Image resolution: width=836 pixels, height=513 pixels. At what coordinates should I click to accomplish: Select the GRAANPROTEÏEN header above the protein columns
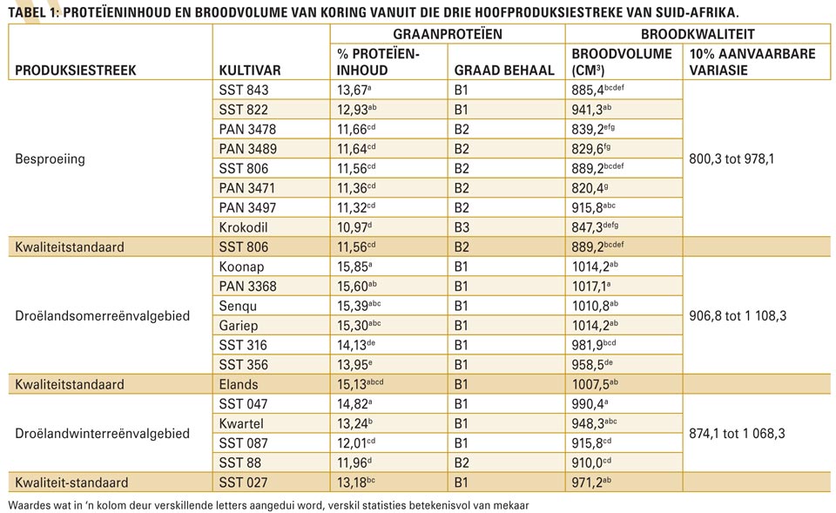pos(448,34)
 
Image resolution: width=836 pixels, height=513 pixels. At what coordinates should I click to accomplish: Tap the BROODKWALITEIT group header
pos(698,34)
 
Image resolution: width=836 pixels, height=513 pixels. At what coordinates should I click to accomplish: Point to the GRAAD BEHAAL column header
pos(504,71)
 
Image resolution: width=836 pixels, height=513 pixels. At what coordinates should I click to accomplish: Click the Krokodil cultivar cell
pos(243,227)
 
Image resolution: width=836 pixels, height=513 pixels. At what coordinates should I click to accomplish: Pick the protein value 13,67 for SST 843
pos(354,90)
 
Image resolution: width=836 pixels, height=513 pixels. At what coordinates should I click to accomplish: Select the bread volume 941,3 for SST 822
pos(591,110)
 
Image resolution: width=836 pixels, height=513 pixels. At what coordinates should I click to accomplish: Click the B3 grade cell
pos(462,227)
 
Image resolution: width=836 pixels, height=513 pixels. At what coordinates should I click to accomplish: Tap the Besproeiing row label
pos(51,159)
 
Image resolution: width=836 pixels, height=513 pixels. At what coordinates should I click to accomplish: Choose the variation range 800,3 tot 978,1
pos(731,159)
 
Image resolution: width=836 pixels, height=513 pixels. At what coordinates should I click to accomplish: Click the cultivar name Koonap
pos(241,267)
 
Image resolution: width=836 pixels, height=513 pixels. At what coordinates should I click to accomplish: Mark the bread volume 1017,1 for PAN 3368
pos(590,287)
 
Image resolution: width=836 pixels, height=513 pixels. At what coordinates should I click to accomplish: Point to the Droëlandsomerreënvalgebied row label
pos(103,315)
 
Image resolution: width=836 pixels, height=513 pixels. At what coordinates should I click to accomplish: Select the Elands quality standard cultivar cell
pos(239,384)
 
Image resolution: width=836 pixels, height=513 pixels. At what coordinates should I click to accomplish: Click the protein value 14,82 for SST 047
pos(354,404)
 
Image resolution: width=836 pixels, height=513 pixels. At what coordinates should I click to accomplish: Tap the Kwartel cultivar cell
pos(241,424)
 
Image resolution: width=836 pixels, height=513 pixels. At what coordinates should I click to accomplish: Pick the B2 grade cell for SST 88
pos(462,462)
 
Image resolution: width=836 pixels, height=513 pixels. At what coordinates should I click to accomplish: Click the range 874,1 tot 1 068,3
pos(737,434)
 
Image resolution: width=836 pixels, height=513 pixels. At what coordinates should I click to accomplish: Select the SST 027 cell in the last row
pos(244,483)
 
